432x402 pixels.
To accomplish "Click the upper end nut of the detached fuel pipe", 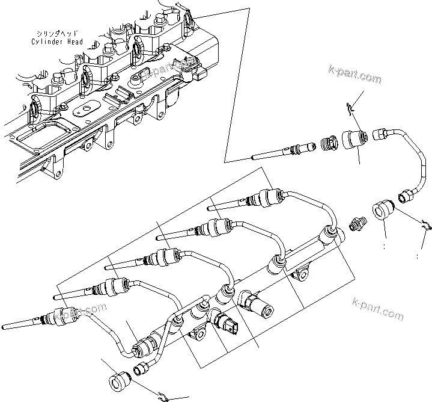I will pyautogui.click(x=382, y=132).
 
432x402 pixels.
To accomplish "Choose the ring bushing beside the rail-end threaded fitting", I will pyautogui.click(x=382, y=212).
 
